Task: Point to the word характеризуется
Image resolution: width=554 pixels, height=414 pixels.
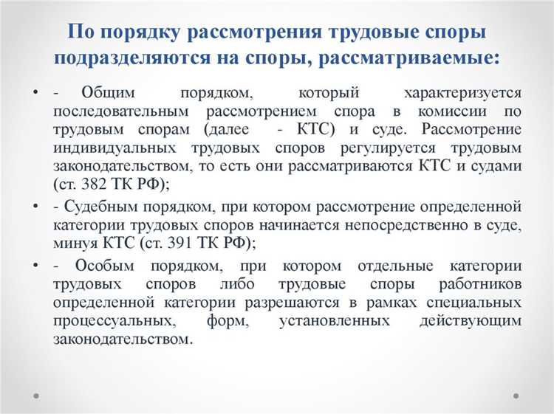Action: click(x=463, y=94)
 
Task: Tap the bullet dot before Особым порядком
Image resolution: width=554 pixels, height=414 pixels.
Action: click(x=35, y=265)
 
